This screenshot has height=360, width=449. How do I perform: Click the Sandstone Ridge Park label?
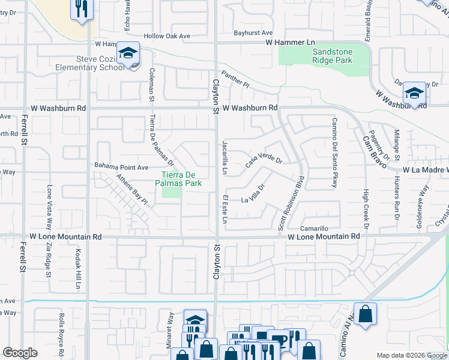(x=332, y=56)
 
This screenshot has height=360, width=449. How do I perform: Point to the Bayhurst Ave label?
(x=253, y=33)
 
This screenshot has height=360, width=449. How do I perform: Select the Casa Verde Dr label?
(x=264, y=160)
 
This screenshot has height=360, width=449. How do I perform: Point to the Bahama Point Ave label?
(x=121, y=167)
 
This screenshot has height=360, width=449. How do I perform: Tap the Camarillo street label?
(x=315, y=229)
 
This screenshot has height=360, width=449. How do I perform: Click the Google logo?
(x=20, y=353)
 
